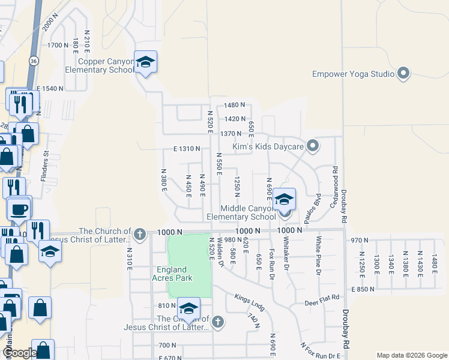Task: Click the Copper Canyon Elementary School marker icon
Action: (145, 62)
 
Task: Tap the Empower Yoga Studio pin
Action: (403, 74)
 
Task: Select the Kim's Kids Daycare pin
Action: (312, 146)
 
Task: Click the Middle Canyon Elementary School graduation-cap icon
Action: (285, 200)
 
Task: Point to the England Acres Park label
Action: (172, 274)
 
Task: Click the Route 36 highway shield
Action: (34, 61)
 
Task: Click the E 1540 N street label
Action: (50, 88)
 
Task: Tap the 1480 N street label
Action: (235, 105)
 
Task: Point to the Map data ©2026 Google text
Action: (411, 355)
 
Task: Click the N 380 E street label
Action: (163, 179)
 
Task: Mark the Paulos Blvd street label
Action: (309, 212)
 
